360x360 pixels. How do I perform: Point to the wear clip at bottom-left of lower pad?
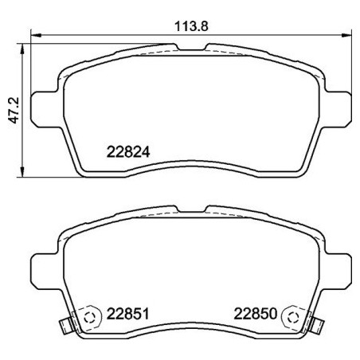pyautogui.click(x=65, y=326)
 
